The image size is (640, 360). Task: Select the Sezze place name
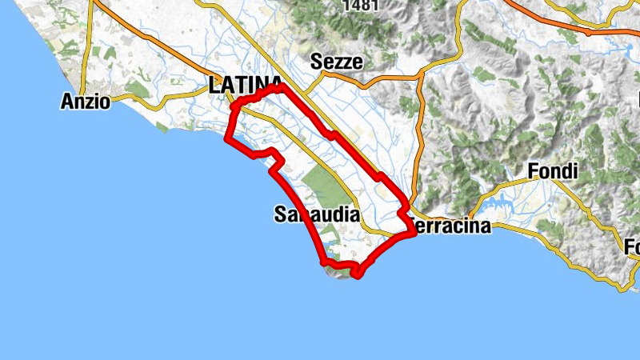337,62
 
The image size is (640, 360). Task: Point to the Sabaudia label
316,214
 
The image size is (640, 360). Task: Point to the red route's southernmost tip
356,274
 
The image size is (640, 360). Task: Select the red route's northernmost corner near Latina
282,85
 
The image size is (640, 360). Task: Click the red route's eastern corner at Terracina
413,231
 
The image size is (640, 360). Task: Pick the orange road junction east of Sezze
419,78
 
